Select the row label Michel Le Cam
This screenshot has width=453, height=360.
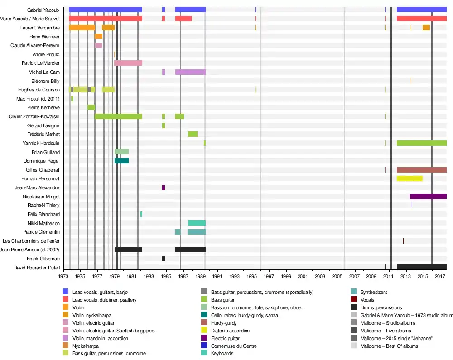(44, 72)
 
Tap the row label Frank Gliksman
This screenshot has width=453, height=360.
(43, 259)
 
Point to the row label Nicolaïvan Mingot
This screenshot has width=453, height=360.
(41, 197)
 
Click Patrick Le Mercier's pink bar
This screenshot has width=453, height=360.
(128, 63)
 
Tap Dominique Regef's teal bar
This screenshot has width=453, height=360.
(121, 161)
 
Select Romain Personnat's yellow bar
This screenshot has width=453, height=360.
(410, 178)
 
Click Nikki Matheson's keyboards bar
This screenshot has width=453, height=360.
(197, 223)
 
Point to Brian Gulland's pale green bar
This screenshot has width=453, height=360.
(121, 152)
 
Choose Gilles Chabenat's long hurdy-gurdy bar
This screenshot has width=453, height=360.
(421, 170)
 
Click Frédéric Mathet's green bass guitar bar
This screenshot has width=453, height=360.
(193, 134)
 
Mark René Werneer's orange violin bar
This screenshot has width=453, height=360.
(98, 36)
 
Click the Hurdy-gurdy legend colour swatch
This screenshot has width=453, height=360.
(204, 323)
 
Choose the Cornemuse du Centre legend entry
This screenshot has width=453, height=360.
(234, 346)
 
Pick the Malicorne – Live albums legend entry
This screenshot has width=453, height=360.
(386, 331)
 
